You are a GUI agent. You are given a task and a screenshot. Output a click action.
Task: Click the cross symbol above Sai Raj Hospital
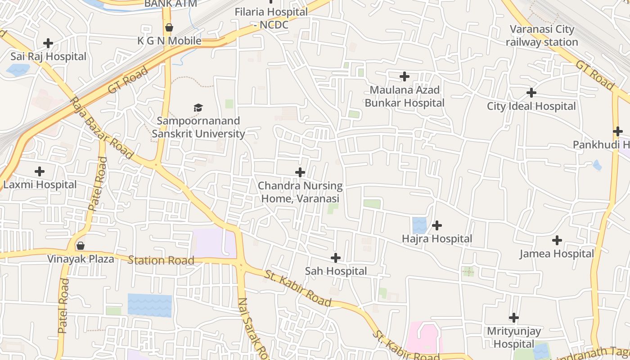pyautogui.click(x=48, y=43)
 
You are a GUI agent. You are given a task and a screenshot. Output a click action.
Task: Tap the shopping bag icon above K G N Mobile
pyautogui.click(x=169, y=28)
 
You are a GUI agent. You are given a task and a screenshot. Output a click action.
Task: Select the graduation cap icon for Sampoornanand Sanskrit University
pyautogui.click(x=198, y=108)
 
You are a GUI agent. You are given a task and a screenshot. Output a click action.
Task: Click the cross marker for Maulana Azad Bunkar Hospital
pyautogui.click(x=405, y=76)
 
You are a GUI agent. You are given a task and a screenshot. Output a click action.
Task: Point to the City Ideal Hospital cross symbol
pyautogui.click(x=531, y=93)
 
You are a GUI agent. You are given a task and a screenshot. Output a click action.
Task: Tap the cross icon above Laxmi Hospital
pyautogui.click(x=40, y=171)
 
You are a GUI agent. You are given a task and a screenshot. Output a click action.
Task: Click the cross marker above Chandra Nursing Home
pyautogui.click(x=300, y=172)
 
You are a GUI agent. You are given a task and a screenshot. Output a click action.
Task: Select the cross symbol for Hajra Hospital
pyautogui.click(x=437, y=225)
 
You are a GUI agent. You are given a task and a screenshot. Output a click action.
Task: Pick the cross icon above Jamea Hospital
pyautogui.click(x=557, y=240)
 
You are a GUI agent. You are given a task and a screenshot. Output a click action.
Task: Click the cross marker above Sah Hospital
pyautogui.click(x=336, y=258)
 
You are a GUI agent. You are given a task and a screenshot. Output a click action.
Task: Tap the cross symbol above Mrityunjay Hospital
pyautogui.click(x=514, y=318)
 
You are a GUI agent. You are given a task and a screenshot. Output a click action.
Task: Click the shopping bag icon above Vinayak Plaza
pyautogui.click(x=81, y=246)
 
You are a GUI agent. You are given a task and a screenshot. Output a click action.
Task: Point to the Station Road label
pyautogui.click(x=161, y=260)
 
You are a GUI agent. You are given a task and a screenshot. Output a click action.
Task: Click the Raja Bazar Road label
pyautogui.click(x=102, y=128)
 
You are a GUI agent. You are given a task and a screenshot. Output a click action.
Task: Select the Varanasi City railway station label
pyautogui.click(x=542, y=36)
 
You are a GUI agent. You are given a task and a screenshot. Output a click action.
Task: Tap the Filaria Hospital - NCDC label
pyautogui.click(x=271, y=18)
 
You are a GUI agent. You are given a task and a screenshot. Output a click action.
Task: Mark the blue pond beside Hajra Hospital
pyautogui.click(x=419, y=225)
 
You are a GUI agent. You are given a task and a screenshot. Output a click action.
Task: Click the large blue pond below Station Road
pyautogui.click(x=150, y=306)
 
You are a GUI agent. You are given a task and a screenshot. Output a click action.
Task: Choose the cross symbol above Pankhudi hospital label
pyautogui.click(x=617, y=131)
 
